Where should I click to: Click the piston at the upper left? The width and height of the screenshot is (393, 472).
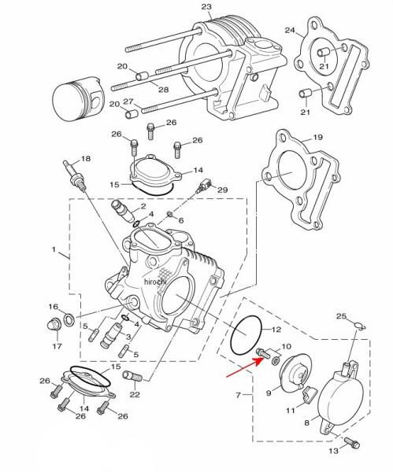78,100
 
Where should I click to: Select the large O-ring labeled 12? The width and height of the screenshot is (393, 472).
246,335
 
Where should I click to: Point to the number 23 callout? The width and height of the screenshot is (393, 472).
206,6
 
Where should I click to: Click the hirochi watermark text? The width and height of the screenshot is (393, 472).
155,282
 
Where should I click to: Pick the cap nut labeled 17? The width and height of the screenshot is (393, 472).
55,324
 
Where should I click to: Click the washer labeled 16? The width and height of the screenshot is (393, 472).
69,319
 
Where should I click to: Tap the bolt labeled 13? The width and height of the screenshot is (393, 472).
352,442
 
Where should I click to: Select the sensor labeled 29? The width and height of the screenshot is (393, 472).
203,186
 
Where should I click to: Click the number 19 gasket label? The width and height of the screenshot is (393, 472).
318,138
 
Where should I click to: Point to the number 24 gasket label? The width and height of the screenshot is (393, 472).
290,31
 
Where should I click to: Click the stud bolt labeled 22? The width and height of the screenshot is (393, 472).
132,376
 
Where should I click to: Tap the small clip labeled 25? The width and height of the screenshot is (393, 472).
360,326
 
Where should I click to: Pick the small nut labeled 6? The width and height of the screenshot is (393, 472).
170,214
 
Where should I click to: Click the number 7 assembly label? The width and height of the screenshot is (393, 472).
238,394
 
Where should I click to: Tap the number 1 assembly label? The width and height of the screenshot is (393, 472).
54,249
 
